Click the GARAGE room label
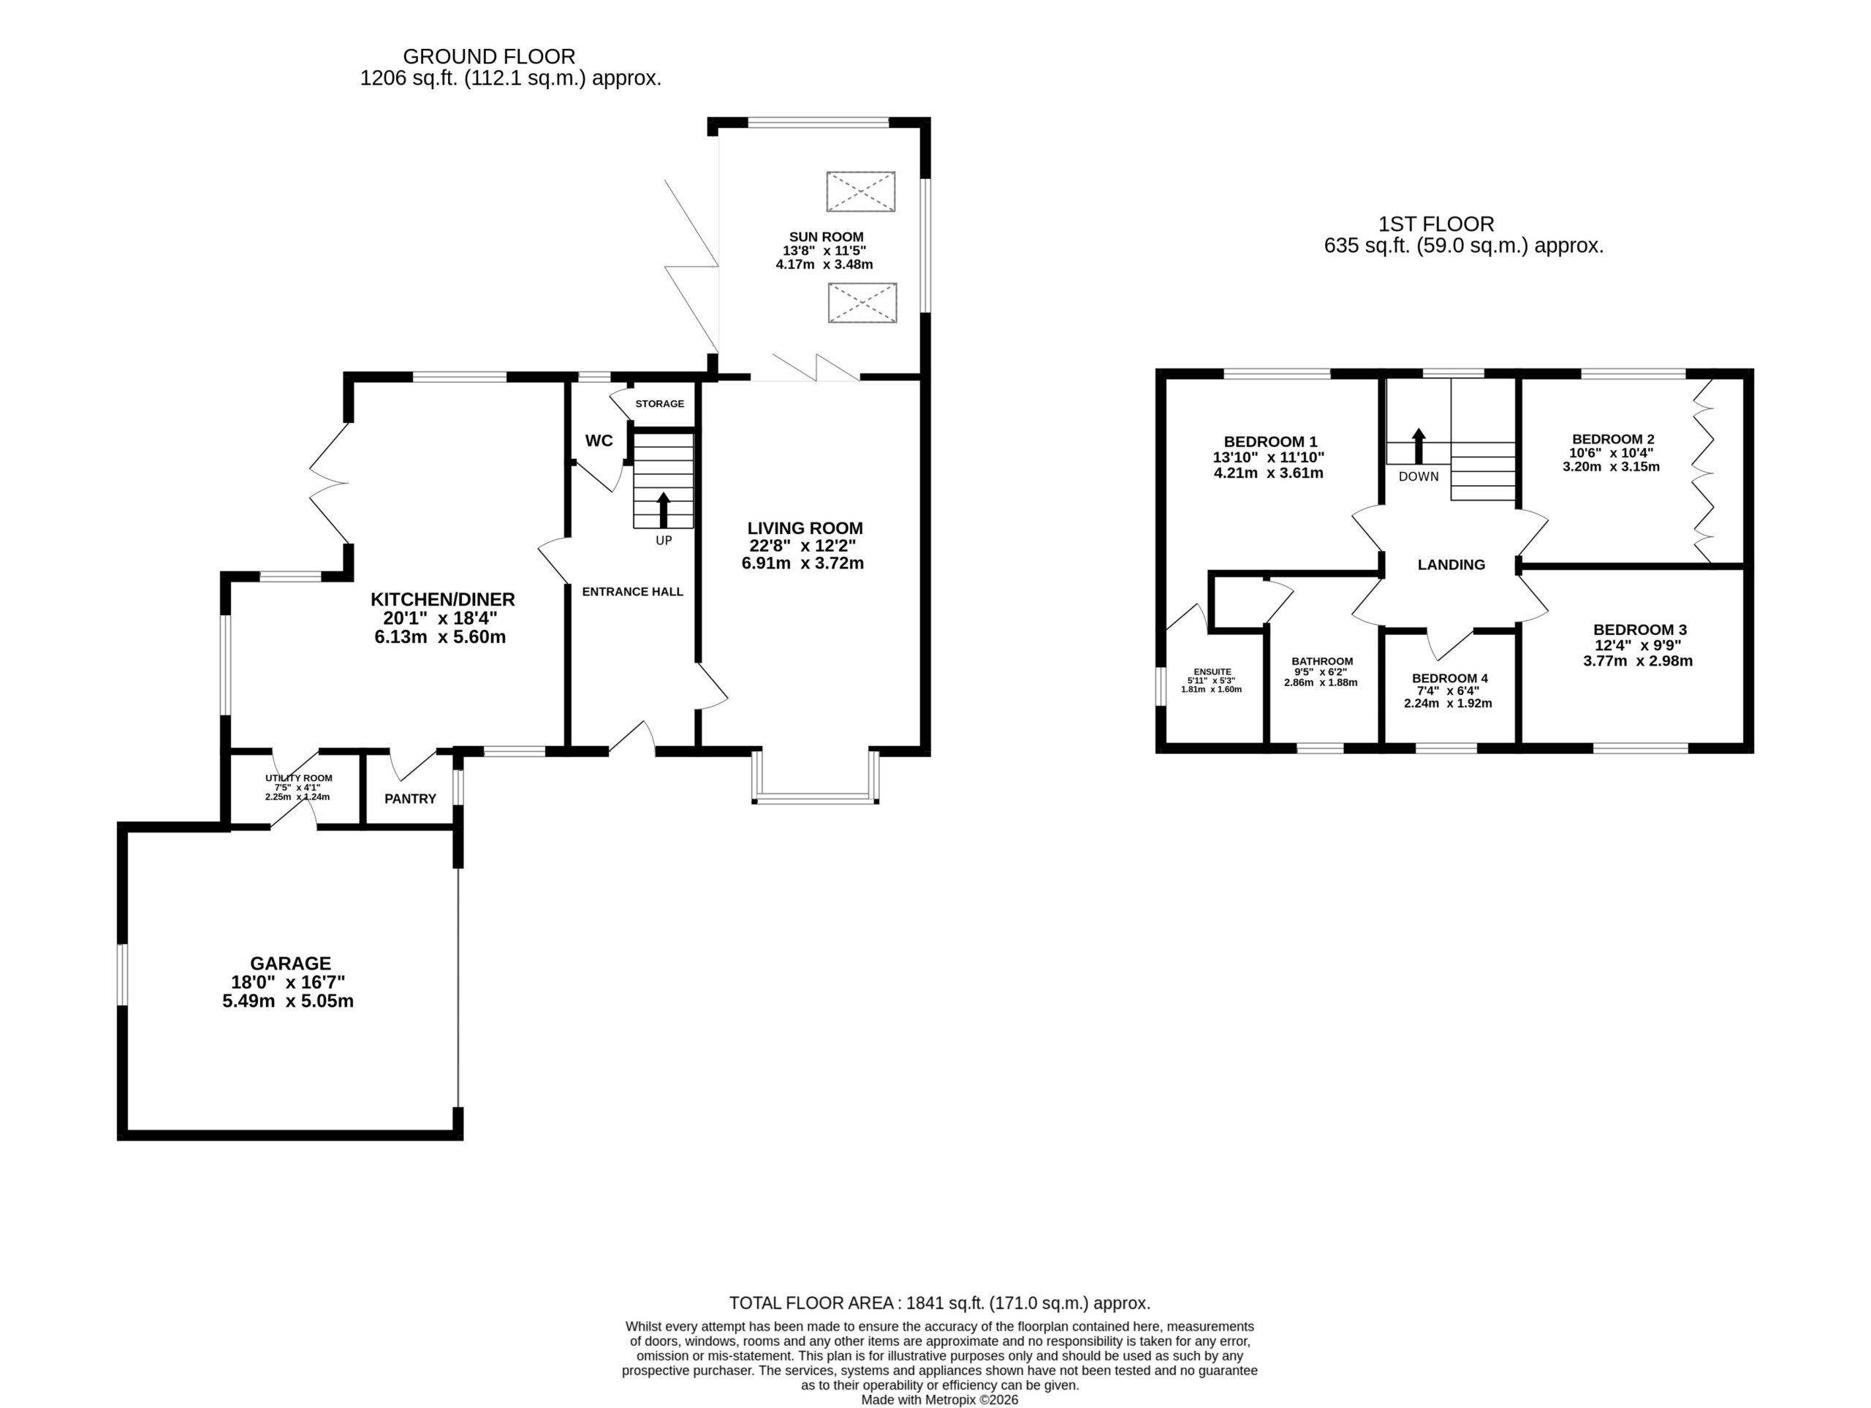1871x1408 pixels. click(x=290, y=963)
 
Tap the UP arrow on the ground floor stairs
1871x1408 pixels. click(x=663, y=510)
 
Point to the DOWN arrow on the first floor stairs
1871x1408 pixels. click(x=1419, y=446)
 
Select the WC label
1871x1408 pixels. click(x=599, y=441)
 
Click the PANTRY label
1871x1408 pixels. click(x=410, y=799)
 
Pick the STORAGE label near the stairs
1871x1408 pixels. click(x=660, y=403)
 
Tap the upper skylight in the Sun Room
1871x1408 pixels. click(x=860, y=191)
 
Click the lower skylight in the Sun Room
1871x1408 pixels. click(x=862, y=302)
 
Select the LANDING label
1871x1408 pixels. click(x=1451, y=564)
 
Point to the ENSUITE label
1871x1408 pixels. click(x=1212, y=671)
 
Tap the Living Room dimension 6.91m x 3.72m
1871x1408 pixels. click(x=802, y=563)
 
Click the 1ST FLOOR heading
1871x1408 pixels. click(x=1436, y=224)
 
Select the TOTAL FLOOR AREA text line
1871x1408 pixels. click(x=940, y=1303)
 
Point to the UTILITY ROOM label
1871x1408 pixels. click(x=299, y=778)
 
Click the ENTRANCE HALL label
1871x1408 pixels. click(x=633, y=592)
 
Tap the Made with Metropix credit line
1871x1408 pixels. click(x=940, y=1399)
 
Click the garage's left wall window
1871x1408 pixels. click(x=122, y=975)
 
